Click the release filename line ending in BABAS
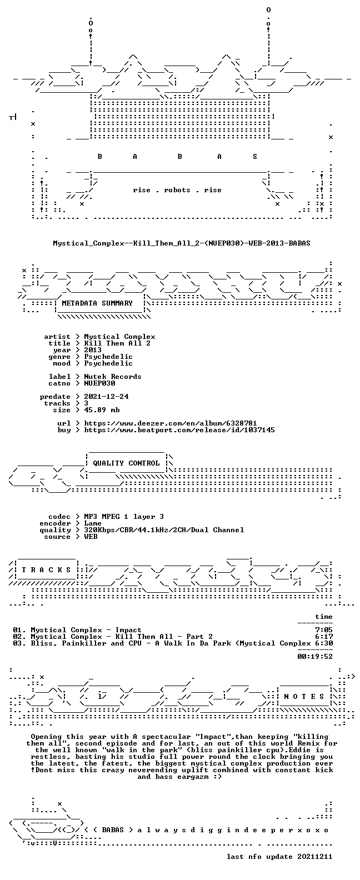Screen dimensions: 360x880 tap(182, 243)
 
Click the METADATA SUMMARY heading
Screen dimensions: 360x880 tap(97, 303)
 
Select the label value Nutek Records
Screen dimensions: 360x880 tap(113, 376)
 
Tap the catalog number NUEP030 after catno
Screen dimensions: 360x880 tap(99, 383)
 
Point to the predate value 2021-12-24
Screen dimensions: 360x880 tap(106, 397)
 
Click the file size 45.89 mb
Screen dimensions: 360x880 tap(102, 410)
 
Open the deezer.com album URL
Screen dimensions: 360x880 tap(171, 423)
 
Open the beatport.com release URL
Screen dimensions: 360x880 tap(179, 430)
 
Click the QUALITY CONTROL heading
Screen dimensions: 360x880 tap(126, 463)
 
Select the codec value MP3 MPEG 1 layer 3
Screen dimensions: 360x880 tap(124, 517)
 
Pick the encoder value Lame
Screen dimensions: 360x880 tap(93, 523)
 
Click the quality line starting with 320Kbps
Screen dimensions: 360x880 tap(164, 530)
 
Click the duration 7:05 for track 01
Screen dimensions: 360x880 tap(324, 630)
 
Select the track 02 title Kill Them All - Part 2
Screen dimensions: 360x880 tap(164, 637)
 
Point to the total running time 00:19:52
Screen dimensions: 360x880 tap(315, 656)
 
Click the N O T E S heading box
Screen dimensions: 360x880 tap(304, 697)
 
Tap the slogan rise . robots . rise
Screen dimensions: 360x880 tap(177, 190)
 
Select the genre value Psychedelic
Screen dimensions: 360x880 tap(108, 357)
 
